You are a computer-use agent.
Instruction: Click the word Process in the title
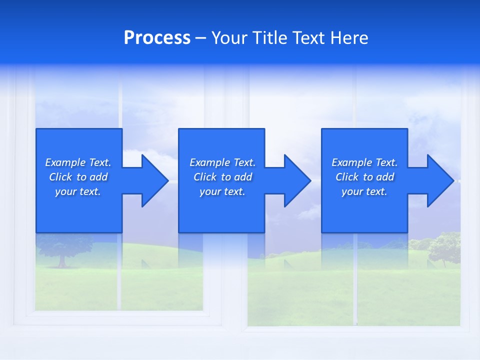tap(157, 38)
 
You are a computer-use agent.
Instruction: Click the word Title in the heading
tap(270, 38)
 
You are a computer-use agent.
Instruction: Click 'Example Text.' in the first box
tap(78, 162)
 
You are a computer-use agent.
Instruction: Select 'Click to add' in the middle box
tap(222, 177)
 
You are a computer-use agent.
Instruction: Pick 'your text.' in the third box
tap(364, 191)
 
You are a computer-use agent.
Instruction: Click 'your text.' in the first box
tap(78, 191)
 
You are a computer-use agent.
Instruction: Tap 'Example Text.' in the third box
tap(364, 162)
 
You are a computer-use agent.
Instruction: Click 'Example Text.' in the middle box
tap(222, 162)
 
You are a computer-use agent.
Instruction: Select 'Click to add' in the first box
tap(78, 177)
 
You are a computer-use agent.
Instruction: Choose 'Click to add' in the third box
tap(364, 177)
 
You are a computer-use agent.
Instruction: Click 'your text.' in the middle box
tap(222, 191)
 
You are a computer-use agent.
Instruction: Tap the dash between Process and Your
tap(200, 38)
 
